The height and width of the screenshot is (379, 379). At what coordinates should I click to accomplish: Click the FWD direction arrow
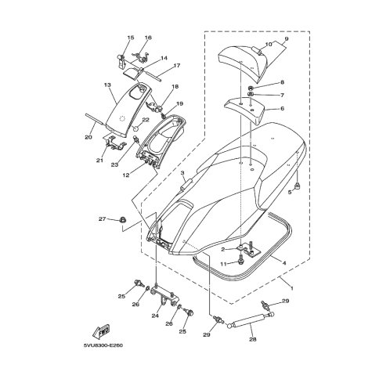click(x=101, y=331)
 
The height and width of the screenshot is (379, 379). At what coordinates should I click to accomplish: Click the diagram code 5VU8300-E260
click(x=103, y=345)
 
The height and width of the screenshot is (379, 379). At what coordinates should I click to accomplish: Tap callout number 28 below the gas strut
click(x=253, y=339)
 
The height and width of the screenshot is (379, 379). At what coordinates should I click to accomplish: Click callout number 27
click(x=103, y=218)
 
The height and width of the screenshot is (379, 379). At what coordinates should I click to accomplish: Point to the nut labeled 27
click(x=121, y=220)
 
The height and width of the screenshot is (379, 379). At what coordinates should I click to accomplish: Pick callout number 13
click(x=107, y=85)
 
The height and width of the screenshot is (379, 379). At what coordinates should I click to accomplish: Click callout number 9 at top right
click(x=287, y=39)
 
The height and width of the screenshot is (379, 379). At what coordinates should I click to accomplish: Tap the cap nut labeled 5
click(x=297, y=186)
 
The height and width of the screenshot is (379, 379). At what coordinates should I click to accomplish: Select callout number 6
click(x=282, y=108)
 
